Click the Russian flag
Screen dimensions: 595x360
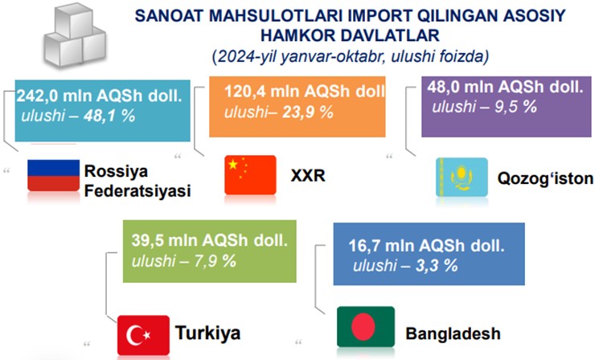click(54, 175)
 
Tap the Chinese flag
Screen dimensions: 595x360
click(250, 175)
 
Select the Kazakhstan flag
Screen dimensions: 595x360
click(462, 177)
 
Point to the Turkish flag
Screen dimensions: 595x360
click(143, 335)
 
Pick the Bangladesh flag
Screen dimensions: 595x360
click(366, 326)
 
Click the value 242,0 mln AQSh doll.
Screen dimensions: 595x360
click(99, 96)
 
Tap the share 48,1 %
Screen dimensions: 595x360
click(109, 116)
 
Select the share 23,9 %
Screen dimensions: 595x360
click(307, 112)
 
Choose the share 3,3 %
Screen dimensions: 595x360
click(437, 265)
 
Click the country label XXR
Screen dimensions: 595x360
click(308, 176)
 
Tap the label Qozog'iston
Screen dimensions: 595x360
click(545, 178)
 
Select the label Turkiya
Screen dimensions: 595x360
click(208, 333)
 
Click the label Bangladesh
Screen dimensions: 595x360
click(453, 333)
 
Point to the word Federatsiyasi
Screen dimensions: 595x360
click(137, 190)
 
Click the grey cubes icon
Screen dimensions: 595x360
click(75, 36)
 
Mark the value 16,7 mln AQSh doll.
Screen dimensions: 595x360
click(426, 246)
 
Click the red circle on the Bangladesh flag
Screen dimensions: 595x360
click(363, 326)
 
